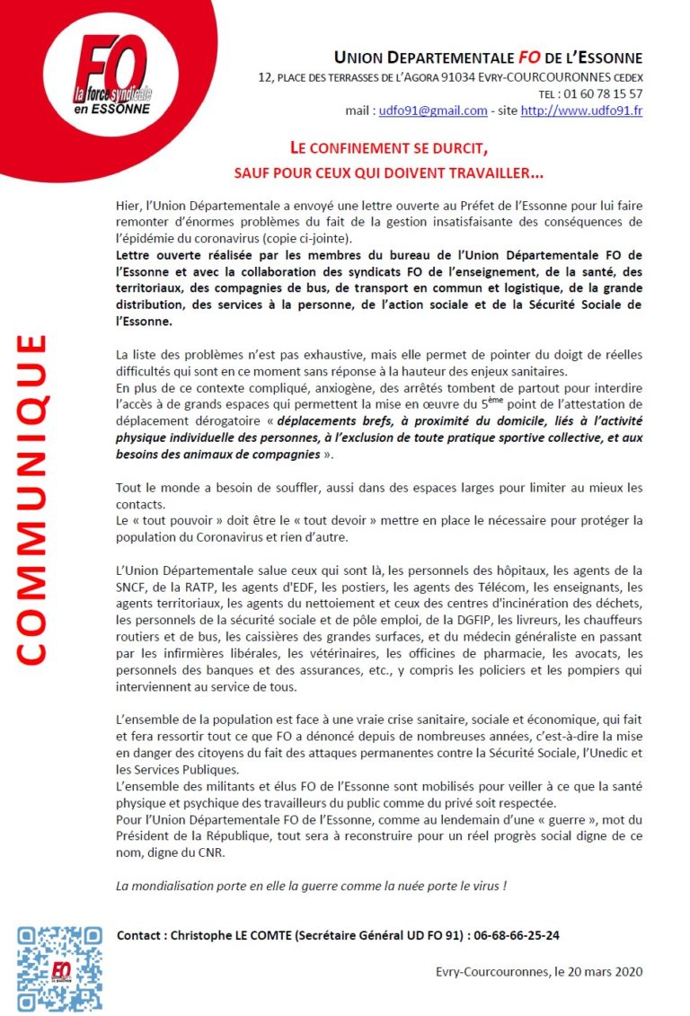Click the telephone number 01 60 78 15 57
[604, 93]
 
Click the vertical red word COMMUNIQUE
[33, 499]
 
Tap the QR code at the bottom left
[59, 969]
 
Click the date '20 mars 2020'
[603, 971]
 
